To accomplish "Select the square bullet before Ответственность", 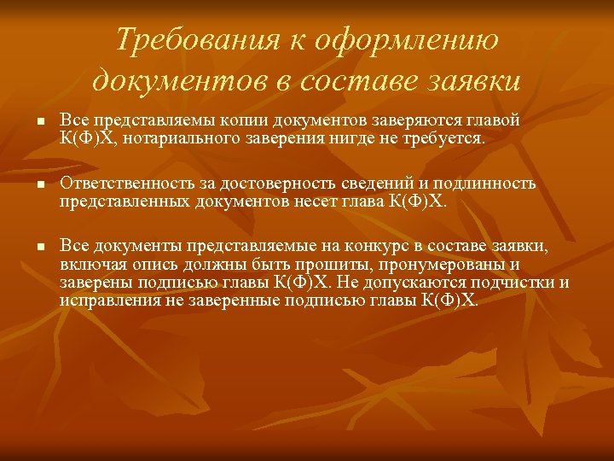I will (40, 187).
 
